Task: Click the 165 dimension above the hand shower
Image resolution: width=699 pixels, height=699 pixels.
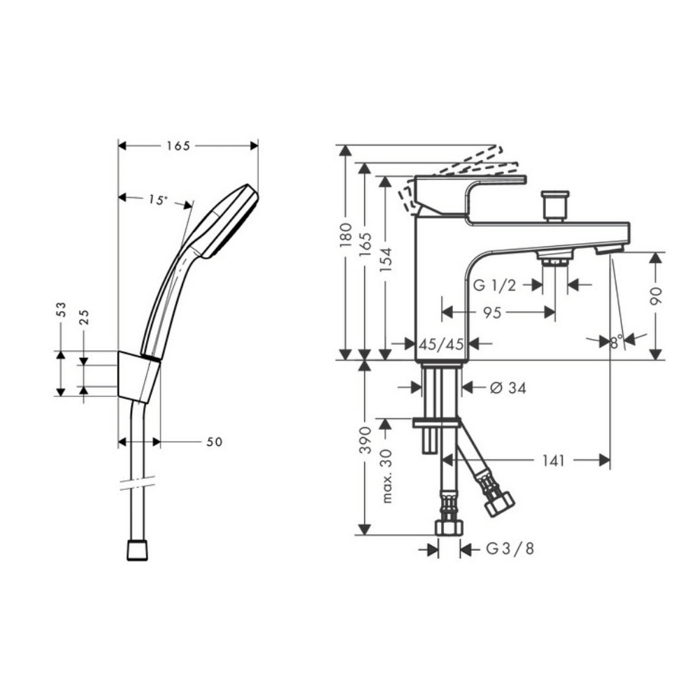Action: (x=178, y=146)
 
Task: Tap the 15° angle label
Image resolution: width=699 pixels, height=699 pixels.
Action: (x=158, y=200)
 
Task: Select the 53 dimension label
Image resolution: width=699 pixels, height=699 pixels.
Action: (x=61, y=310)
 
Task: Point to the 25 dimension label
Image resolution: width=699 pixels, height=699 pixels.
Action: (x=84, y=317)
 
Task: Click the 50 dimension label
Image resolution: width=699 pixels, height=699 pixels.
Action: (x=215, y=442)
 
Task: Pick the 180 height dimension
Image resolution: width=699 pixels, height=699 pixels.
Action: (x=345, y=235)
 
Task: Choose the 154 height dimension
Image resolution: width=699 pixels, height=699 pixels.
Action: (x=386, y=259)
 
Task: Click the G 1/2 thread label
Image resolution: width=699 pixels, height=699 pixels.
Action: (x=494, y=285)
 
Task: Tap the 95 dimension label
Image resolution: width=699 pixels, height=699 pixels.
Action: (x=492, y=312)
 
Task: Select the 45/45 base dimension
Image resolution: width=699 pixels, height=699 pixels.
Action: (x=441, y=344)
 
